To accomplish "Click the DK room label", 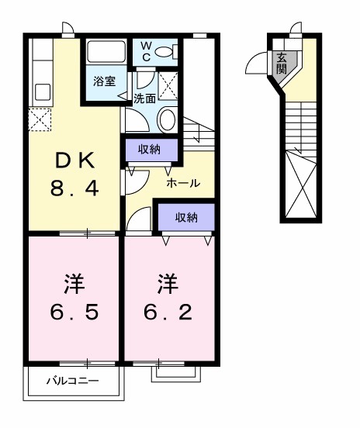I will [75, 160].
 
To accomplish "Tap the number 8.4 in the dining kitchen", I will [75, 188].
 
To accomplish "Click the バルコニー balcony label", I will [72, 381].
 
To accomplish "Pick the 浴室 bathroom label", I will [105, 81].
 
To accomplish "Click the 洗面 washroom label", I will [144, 98].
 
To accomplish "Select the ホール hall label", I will [184, 183].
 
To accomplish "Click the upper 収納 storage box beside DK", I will [151, 149].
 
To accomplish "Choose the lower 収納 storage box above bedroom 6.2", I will [185, 217].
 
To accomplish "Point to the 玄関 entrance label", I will [280, 63].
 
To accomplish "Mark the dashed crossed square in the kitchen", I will [40, 120].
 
